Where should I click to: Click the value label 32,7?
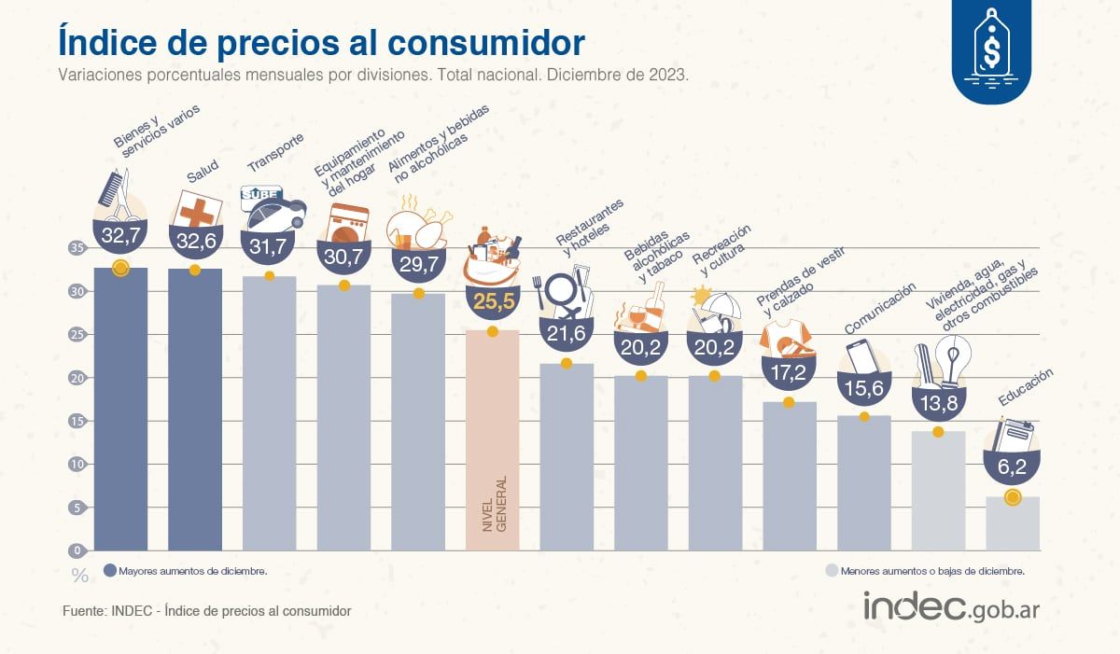pyautogui.click(x=120, y=236)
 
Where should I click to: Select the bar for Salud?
pyautogui.click(x=194, y=410)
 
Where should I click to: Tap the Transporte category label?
pyautogui.click(x=275, y=153)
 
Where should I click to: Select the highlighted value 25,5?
pyautogui.click(x=492, y=301)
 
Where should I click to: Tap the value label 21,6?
pyautogui.click(x=566, y=333)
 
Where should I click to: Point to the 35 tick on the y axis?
pyautogui.click(x=77, y=248)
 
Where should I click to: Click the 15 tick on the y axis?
pyautogui.click(x=77, y=421)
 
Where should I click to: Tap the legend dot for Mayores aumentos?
pyautogui.click(x=110, y=570)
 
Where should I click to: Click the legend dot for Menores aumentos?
pyautogui.click(x=831, y=570)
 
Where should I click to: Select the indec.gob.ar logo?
pyautogui.click(x=951, y=606)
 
